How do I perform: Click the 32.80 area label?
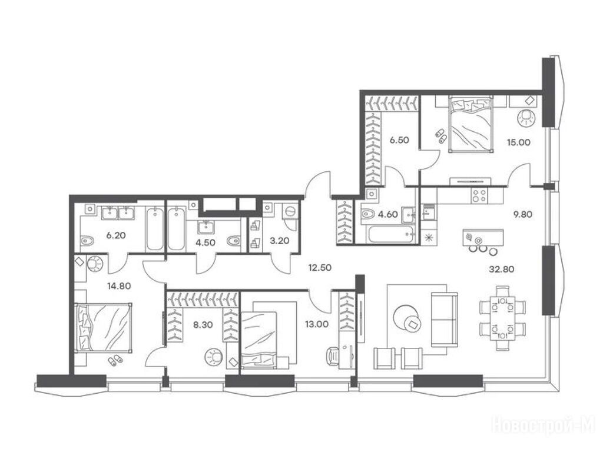click(x=502, y=270)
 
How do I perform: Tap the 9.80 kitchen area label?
click(x=523, y=214)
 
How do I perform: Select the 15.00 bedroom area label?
click(x=518, y=142)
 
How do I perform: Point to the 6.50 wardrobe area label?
click(x=399, y=140)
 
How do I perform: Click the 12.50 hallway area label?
click(x=320, y=268)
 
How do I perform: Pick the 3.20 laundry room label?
click(x=280, y=241)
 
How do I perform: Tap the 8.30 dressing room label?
click(x=203, y=325)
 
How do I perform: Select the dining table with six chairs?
click(x=503, y=318)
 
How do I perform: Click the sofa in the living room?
click(x=444, y=320)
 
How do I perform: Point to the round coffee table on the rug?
click(x=406, y=317)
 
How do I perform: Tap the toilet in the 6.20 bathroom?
click(x=87, y=241)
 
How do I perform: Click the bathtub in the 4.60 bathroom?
click(x=391, y=234)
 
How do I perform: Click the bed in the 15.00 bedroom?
click(x=471, y=124)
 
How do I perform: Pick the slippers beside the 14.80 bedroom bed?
click(x=115, y=360)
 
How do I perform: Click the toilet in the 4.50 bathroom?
click(x=233, y=241)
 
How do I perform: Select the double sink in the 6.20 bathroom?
click(x=118, y=213)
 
